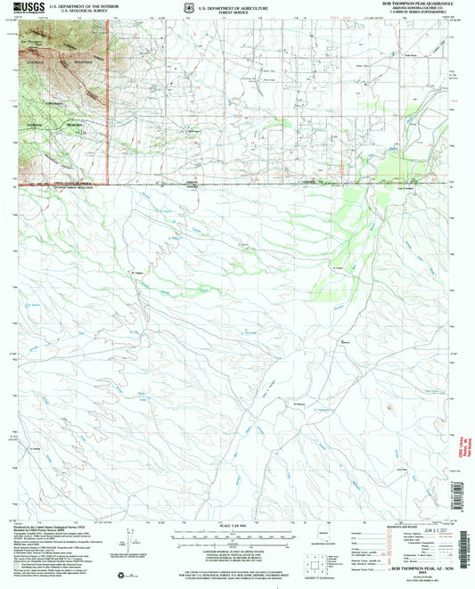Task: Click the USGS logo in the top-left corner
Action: (26, 9)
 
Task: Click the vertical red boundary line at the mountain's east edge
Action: (108, 98)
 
